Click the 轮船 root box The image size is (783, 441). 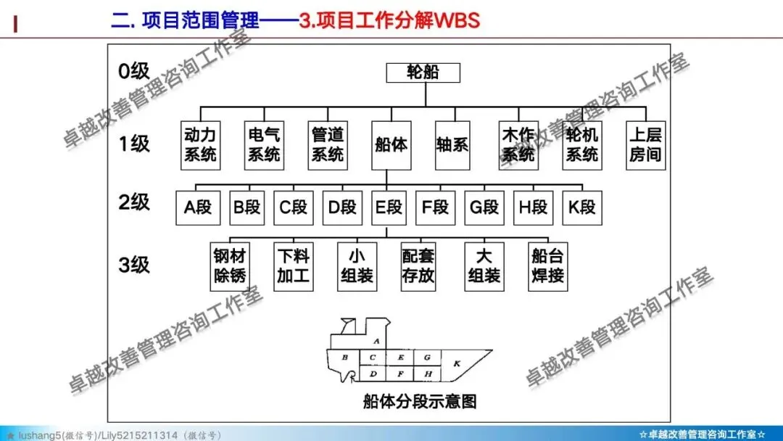coord(423,72)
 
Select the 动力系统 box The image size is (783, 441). coord(200,144)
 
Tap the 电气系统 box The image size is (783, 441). coord(263,144)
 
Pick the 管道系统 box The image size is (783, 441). coord(327,144)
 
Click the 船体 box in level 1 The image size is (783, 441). coord(391,144)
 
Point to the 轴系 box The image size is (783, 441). coord(452,144)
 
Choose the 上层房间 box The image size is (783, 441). coord(645,144)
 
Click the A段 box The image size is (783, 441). coord(198,207)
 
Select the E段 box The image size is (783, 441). coord(389,207)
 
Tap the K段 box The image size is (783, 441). coord(582,207)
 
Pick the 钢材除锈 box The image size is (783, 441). coord(230,266)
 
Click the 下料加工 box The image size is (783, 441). coord(294,266)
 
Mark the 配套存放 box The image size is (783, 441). coord(420,266)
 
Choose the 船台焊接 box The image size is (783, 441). coord(547,266)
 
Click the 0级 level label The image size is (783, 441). coord(134,71)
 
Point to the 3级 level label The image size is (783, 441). coord(134,265)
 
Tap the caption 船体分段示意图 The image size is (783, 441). coord(420,400)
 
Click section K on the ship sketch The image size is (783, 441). coord(457,363)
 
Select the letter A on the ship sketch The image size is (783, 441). coord(376,340)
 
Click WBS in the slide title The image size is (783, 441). coord(456,20)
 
